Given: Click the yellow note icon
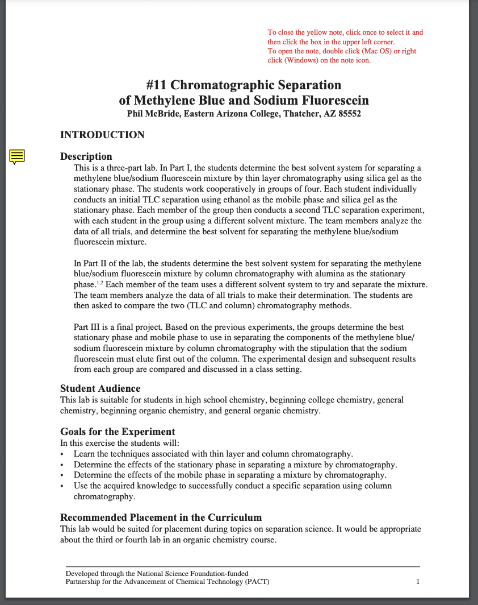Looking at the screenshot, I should pyautogui.click(x=18, y=156).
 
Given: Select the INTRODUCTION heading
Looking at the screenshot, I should pyautogui.click(x=102, y=135).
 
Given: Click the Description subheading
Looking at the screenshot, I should pyautogui.click(x=86, y=156).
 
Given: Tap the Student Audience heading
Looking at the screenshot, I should pyautogui.click(x=100, y=388).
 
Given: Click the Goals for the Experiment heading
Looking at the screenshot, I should pyautogui.click(x=118, y=432).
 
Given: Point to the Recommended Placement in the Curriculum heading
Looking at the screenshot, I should pyautogui.click(x=161, y=517).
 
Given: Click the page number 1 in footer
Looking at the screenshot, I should pyautogui.click(x=418, y=582).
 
